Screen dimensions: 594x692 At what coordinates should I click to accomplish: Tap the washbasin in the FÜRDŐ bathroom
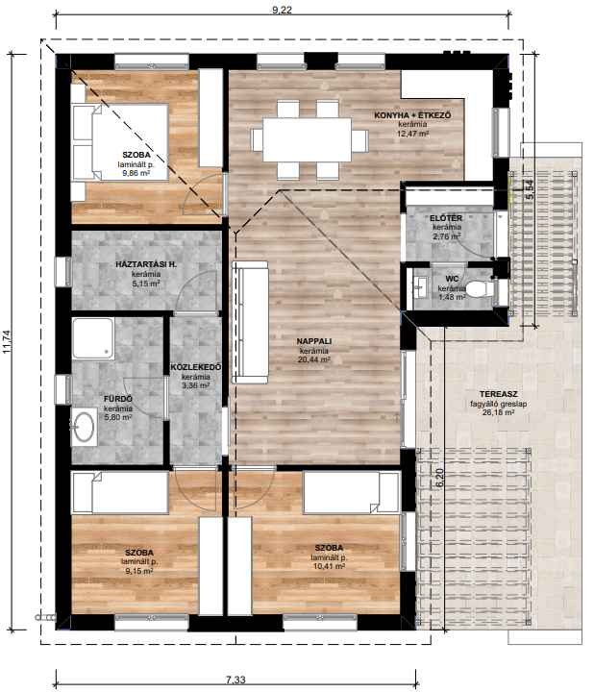point(84,427)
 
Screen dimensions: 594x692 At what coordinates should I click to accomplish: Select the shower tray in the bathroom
point(93,338)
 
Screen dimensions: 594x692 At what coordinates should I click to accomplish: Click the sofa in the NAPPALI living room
point(250,322)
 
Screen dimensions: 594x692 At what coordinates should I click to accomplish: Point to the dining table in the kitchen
point(308,139)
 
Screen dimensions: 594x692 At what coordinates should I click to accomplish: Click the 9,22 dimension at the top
point(283,10)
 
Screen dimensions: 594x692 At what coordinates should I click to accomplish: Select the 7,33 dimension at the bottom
point(235,680)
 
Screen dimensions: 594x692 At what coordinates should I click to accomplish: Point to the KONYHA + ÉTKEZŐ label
point(412,115)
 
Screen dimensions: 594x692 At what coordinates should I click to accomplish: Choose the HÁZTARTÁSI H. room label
point(146,265)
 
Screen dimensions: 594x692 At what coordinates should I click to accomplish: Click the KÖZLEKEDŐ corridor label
point(196,367)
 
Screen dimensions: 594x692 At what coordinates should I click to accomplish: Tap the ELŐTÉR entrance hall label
point(446,218)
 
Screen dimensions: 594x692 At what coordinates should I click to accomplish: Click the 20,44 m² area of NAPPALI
point(314,359)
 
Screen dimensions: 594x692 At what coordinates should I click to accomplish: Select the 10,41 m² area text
point(329,566)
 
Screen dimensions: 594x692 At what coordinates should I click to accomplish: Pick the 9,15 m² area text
point(139,571)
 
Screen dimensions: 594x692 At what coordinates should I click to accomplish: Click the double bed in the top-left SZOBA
point(120,142)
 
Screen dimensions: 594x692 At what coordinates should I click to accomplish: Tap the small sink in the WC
point(421,286)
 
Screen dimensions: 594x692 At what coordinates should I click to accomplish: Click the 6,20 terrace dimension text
point(439,478)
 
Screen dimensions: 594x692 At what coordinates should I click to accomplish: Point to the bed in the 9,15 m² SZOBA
point(120,493)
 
